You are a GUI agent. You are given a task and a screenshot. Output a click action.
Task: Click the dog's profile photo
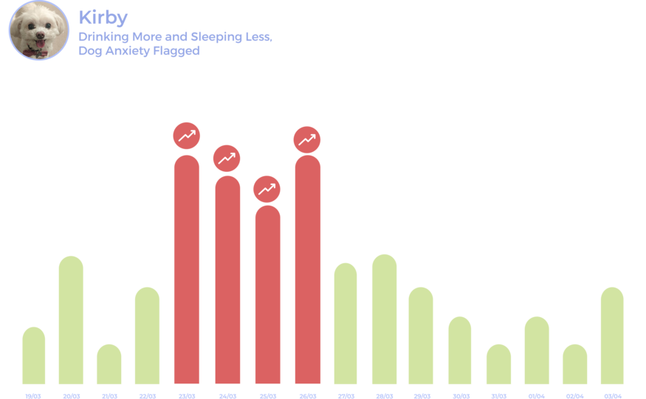(x=38, y=31)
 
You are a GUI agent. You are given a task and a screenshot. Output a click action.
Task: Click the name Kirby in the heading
(x=103, y=17)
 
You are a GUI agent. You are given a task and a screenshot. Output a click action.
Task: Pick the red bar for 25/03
(x=267, y=295)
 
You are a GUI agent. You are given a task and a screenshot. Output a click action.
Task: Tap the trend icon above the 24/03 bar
(x=227, y=158)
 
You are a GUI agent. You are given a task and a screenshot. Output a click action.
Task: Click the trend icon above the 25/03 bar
(x=267, y=189)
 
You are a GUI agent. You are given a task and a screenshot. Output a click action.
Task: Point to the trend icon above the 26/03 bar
(x=307, y=139)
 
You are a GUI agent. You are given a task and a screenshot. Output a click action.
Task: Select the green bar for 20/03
(x=71, y=320)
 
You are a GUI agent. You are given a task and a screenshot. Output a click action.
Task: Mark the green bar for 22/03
(x=147, y=336)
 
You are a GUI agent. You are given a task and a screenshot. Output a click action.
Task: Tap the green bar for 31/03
(x=498, y=364)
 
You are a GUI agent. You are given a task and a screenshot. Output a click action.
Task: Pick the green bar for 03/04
(x=612, y=336)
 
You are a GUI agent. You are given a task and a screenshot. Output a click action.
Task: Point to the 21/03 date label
(x=109, y=395)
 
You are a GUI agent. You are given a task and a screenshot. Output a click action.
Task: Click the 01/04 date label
(x=537, y=395)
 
